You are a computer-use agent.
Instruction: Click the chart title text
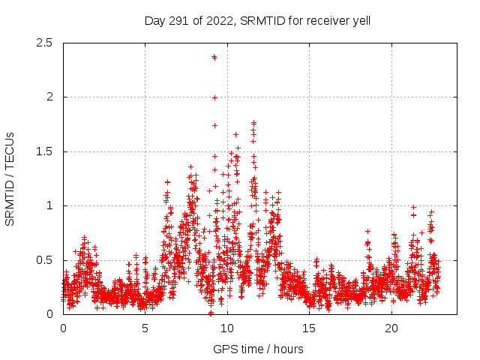(x=257, y=20)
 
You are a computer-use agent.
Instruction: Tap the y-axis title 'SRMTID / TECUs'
(x=10, y=178)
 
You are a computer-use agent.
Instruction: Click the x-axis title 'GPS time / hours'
(x=258, y=349)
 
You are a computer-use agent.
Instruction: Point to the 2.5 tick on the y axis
(x=47, y=43)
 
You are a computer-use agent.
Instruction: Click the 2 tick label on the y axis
(x=51, y=97)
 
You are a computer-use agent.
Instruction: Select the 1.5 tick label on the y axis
(x=47, y=151)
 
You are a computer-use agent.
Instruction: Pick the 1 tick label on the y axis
(x=51, y=205)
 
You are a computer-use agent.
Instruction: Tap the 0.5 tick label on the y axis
(x=47, y=260)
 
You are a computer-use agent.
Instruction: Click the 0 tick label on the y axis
(x=51, y=314)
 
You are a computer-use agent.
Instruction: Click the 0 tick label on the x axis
(x=63, y=328)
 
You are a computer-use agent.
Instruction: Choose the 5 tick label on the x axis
(x=145, y=328)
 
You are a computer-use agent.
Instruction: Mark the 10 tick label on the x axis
(x=227, y=328)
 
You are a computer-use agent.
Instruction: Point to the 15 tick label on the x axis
(x=310, y=328)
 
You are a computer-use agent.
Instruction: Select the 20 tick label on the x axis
(x=391, y=328)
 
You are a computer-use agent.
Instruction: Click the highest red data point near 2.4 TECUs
(x=214, y=57)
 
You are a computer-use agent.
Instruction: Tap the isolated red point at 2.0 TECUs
(x=215, y=97)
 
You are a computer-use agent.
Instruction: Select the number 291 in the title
(x=180, y=20)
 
